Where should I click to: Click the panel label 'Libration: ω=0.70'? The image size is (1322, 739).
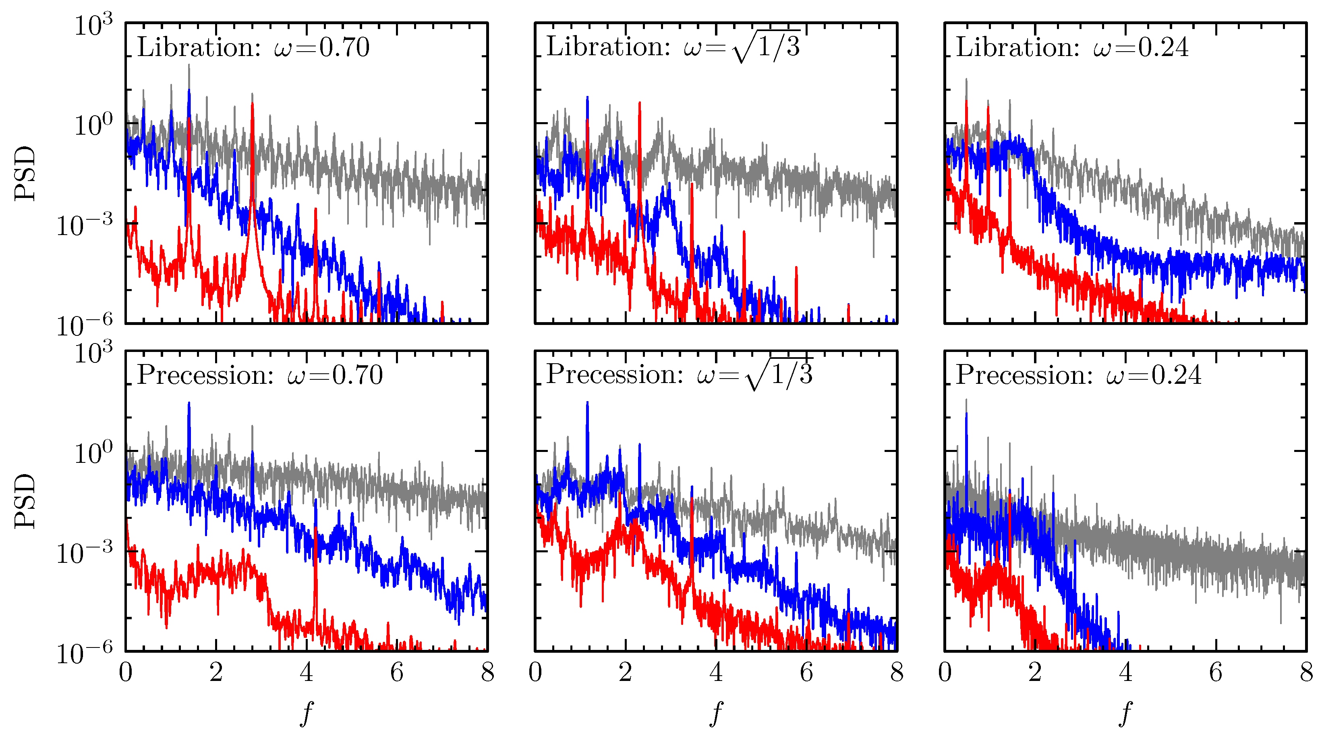pos(253,48)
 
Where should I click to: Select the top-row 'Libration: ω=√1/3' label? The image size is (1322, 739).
pos(673,47)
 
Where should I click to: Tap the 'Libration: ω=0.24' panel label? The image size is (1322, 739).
pos(1071,48)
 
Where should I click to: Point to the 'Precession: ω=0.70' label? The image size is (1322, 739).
pos(260,375)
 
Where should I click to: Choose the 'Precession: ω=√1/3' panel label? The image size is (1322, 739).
pos(680,375)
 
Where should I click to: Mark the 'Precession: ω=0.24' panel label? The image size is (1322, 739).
pos(1078,375)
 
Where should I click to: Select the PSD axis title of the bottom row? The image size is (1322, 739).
pos(25,501)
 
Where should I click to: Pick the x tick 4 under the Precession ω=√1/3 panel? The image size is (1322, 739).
pos(716,673)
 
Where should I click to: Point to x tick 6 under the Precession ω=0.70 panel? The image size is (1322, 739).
pos(397,673)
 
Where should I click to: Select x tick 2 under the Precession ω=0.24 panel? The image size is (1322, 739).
pos(1035,673)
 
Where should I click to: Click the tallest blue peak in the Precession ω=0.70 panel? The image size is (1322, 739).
pos(189,404)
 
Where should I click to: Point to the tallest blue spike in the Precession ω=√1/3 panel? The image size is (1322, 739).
pos(587,403)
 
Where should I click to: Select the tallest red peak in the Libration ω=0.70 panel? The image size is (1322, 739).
pos(253,105)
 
